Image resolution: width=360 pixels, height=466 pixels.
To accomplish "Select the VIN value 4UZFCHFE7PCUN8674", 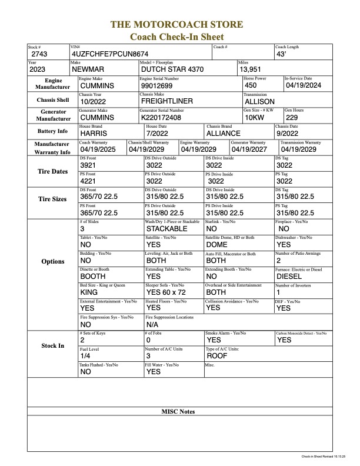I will click(x=109, y=54).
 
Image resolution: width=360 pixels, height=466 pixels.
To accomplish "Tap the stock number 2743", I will click(x=40, y=54).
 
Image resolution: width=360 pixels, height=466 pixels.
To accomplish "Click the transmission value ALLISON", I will click(x=259, y=101).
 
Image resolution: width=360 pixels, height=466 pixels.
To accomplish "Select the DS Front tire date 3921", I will click(x=89, y=166).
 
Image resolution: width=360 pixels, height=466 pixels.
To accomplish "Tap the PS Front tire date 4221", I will click(x=89, y=181).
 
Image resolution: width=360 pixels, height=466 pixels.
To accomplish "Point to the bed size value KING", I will click(x=89, y=292).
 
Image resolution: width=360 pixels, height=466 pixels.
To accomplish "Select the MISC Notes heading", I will click(x=178, y=411).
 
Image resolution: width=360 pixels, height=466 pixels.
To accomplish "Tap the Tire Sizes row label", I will click(x=52, y=199).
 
